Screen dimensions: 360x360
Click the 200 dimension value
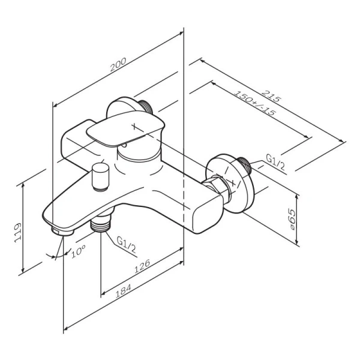pos(118,65)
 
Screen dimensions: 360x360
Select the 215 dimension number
pos(271,96)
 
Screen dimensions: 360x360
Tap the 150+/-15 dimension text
pos(254,103)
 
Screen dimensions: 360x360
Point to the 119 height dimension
pos(17,232)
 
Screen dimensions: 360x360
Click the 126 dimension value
pos(142,266)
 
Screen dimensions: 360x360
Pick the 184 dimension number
pos(123,291)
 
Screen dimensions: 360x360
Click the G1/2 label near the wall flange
pos(275,162)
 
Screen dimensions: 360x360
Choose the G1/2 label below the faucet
pos(126,245)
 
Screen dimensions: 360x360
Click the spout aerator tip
pos(62,231)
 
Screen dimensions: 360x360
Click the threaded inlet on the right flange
pos(244,165)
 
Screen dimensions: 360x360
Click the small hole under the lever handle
pos(124,145)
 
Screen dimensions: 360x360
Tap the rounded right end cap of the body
pos(208,214)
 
